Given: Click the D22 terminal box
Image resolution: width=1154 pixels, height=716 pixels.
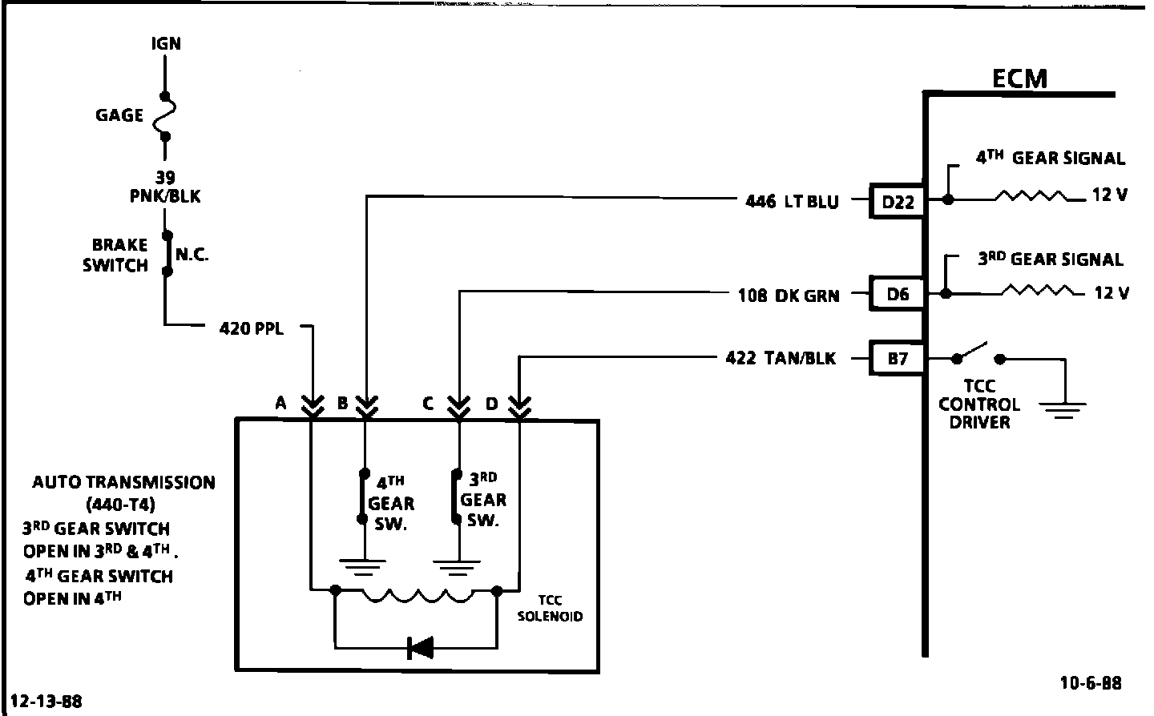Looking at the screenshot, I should point(898,202).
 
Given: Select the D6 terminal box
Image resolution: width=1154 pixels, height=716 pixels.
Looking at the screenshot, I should point(898,295).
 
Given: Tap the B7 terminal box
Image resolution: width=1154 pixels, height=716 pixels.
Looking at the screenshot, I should point(898,359).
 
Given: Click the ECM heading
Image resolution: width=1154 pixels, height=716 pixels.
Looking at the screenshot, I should point(1019,78).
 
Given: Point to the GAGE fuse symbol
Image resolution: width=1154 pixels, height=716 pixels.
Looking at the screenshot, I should point(166,115).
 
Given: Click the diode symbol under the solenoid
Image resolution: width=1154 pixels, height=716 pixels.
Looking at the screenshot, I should point(419,647).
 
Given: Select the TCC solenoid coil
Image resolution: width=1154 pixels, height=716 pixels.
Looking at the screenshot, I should point(416,594).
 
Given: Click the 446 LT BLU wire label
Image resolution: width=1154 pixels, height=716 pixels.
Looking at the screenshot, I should point(792,202).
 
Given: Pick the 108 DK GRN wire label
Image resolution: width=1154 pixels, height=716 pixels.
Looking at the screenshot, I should point(788,296).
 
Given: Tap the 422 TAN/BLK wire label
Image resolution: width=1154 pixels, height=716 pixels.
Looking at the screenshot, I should point(780,359).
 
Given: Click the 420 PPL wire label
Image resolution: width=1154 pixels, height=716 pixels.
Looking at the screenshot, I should point(251,328).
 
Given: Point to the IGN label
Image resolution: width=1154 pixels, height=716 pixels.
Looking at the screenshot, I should point(166,43).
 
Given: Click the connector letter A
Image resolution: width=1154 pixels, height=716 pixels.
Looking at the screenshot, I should point(280,403).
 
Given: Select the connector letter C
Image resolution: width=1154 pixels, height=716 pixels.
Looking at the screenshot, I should point(428,403).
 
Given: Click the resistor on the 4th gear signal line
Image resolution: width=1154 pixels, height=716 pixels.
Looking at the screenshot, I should point(1031,196).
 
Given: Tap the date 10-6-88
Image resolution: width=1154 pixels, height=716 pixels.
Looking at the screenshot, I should point(1091,683).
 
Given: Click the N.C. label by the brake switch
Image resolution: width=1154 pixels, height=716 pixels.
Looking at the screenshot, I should point(192,255).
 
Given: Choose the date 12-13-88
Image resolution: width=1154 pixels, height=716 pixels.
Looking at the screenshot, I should point(46,702).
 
